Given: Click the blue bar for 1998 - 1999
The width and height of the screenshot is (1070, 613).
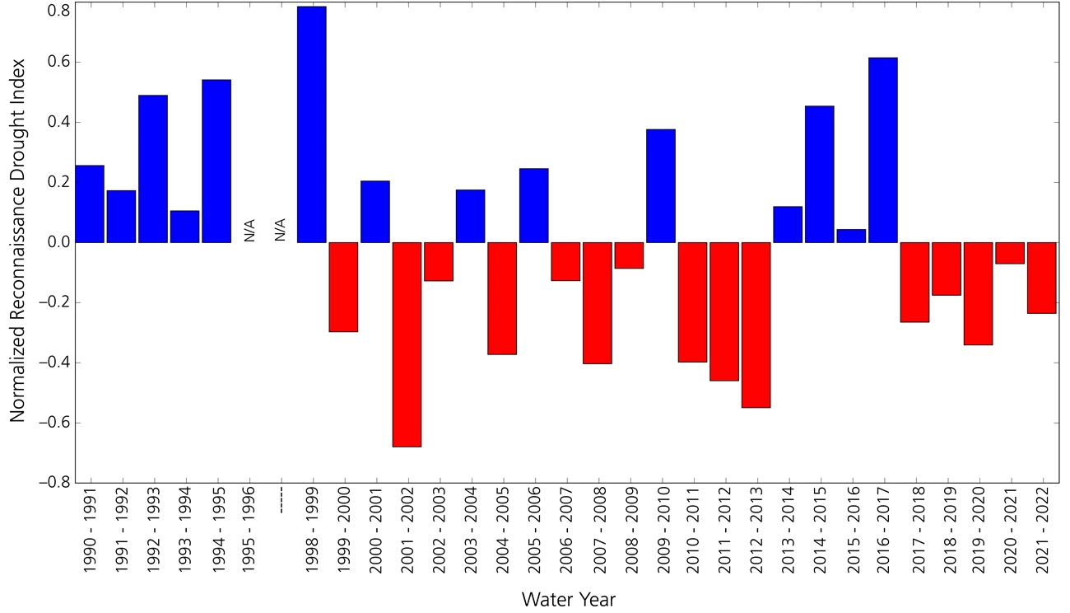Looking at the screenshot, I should (312, 124).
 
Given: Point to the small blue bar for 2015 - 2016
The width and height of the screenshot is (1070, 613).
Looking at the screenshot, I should (851, 236).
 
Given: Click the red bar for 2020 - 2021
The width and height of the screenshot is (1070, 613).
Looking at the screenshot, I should (1010, 253).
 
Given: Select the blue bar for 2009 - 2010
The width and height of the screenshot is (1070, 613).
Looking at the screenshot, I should (661, 185).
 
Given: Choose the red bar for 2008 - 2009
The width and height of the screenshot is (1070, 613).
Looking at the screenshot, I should (630, 255).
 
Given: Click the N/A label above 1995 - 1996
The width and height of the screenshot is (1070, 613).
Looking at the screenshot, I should (249, 229).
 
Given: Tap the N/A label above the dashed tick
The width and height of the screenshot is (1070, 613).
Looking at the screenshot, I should (280, 229).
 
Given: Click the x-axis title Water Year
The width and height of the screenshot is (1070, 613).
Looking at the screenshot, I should (568, 599).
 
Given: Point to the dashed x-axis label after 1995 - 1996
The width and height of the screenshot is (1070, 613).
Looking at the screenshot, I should (281, 502).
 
